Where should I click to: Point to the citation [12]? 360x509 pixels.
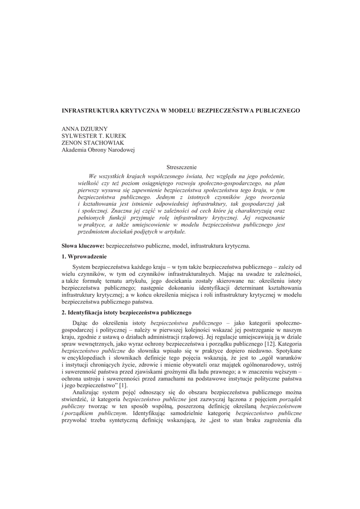pyautogui.click(x=270, y=343)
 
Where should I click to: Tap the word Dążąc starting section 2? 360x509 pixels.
pyautogui.click(x=81, y=323)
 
